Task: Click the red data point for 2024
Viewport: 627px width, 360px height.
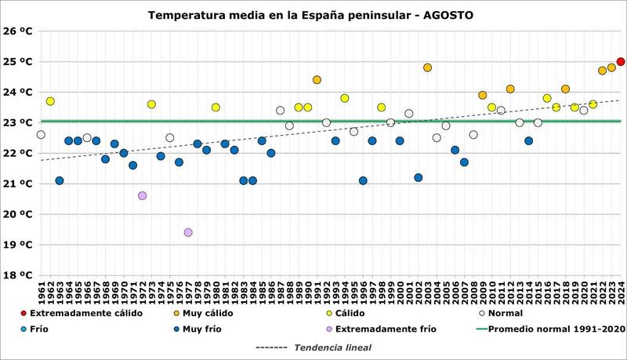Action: [621, 61]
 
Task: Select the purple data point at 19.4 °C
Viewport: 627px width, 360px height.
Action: [188, 232]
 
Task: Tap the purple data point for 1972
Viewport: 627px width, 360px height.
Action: [142, 195]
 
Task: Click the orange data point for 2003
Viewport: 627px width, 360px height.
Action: [427, 67]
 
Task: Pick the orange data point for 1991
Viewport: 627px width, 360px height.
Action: [317, 80]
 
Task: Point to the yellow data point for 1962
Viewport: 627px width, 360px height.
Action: [50, 101]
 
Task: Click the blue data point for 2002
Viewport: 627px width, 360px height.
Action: [418, 177]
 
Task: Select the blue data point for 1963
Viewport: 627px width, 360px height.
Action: [60, 180]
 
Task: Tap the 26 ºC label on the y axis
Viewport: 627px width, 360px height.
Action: [16, 31]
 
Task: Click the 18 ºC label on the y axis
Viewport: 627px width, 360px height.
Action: [16, 275]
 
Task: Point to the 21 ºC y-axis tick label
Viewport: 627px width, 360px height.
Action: [16, 184]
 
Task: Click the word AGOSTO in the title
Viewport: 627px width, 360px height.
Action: [447, 15]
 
